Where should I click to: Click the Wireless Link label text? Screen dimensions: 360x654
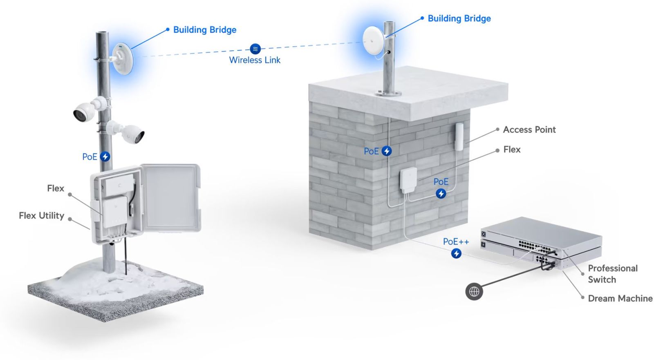coord(255,60)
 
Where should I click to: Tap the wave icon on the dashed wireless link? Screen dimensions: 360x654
coord(255,49)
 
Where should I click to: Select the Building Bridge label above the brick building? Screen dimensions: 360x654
coord(459,18)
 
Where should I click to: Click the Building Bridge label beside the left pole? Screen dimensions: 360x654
coord(204,30)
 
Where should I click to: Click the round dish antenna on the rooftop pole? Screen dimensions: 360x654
coord(373,40)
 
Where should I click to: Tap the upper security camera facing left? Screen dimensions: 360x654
coord(85,111)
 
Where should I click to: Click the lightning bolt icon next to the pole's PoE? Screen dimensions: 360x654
coord(105,157)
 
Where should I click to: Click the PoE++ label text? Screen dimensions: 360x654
coord(456,241)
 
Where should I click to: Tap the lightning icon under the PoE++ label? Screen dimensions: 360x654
coord(456,253)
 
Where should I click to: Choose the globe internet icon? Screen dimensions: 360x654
coord(474,292)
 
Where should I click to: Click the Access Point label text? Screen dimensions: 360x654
coord(529,130)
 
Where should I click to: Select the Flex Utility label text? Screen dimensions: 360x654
coord(41,215)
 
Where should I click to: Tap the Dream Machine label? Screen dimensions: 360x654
coord(620,298)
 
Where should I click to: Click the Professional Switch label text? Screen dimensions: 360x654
coord(612,274)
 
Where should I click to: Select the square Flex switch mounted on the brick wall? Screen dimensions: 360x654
coord(408,180)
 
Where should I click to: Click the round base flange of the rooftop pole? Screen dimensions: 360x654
coord(388,94)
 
